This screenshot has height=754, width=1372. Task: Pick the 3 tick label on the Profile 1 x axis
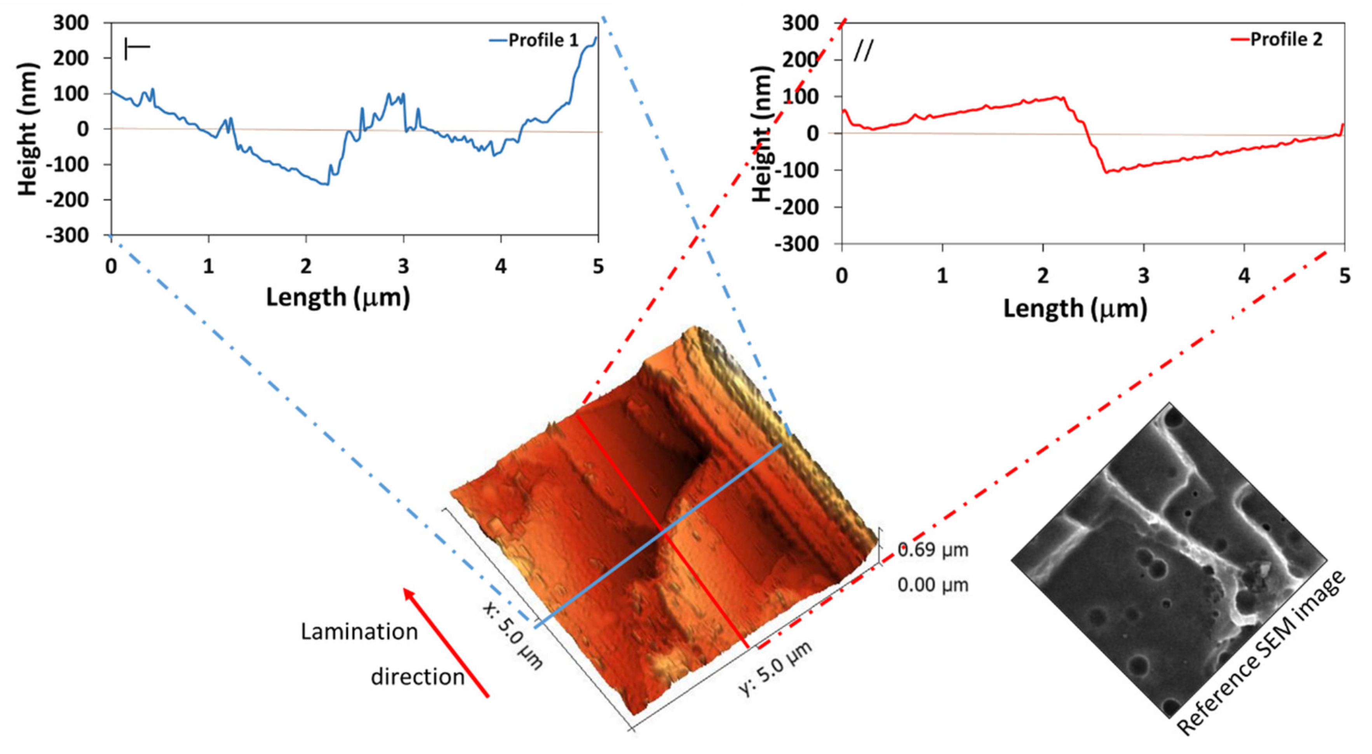[x=403, y=266]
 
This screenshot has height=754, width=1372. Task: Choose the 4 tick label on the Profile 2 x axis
[x=1244, y=276]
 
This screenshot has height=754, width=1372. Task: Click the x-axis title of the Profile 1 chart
[x=338, y=297]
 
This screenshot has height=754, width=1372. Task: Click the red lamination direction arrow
[x=446, y=642]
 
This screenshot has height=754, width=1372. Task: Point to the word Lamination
[x=359, y=632]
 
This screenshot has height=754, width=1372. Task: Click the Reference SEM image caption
[x=1260, y=653]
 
